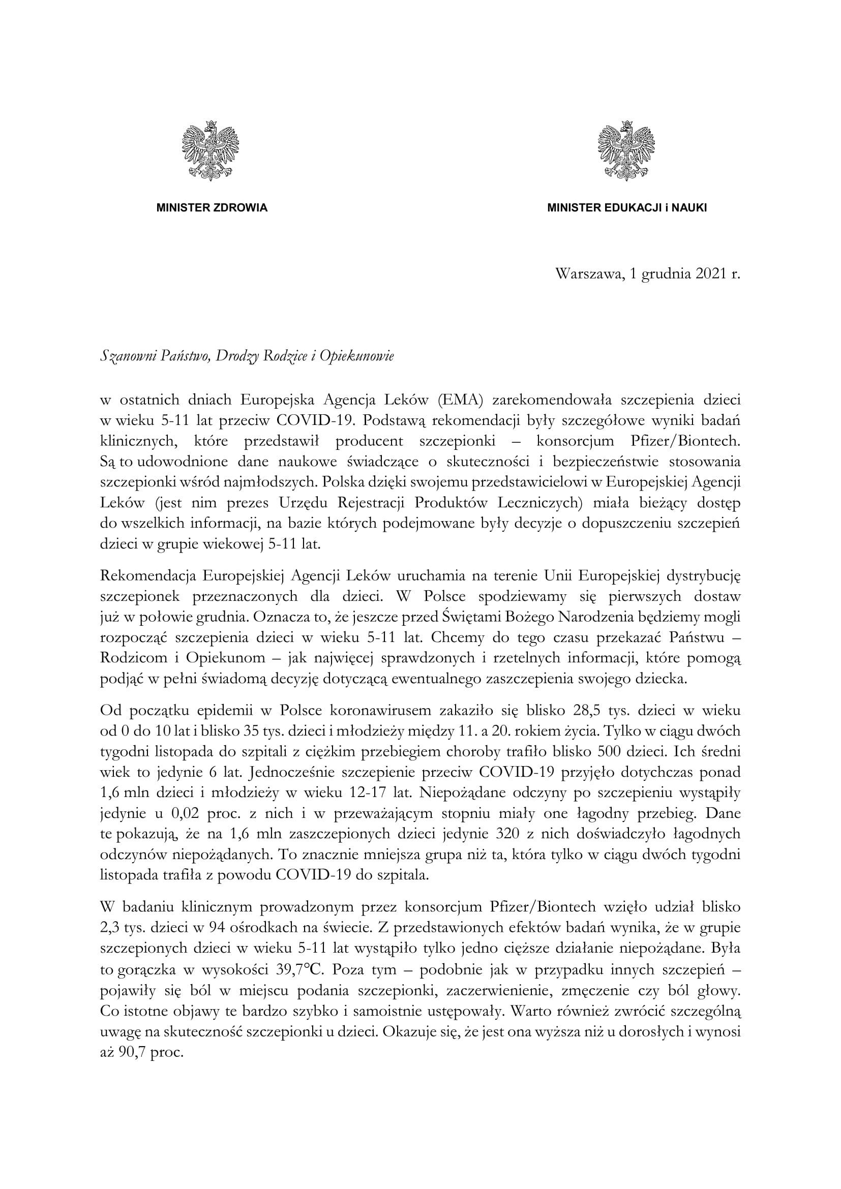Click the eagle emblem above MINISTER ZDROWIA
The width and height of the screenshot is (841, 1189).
click(211, 150)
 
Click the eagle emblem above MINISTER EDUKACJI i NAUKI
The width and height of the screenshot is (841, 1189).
click(626, 150)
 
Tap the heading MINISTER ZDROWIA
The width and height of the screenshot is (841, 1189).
click(212, 208)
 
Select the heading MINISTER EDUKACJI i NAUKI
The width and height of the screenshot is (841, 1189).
click(626, 208)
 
